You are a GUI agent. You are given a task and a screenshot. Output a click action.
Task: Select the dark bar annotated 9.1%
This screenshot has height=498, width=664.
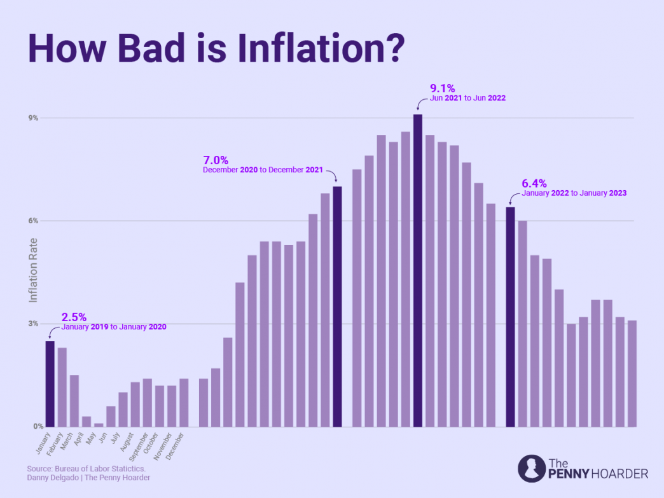pos(417,270)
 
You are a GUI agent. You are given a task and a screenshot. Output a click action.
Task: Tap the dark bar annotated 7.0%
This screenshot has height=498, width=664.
pos(337,306)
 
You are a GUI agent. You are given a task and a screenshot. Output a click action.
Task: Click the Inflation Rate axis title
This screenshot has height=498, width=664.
pos(34,270)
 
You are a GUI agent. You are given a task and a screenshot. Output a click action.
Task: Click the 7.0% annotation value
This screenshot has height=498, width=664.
pos(216,160)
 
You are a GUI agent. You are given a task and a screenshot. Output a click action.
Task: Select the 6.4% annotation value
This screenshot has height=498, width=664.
pos(534,183)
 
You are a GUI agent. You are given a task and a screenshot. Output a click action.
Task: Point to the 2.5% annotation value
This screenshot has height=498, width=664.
pos(74,317)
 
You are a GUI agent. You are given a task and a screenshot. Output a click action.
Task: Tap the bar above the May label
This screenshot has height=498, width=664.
pos(99,424)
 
